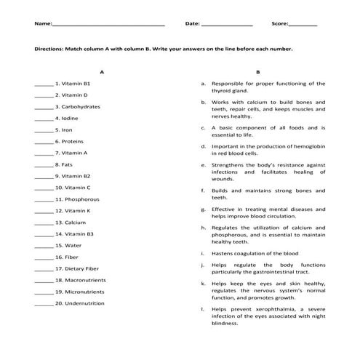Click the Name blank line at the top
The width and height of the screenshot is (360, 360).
coord(109,25)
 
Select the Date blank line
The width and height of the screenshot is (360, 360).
coord(226,25)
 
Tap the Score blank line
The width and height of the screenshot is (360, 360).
coord(303,25)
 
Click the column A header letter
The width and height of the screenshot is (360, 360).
coord(103,72)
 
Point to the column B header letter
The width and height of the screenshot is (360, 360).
coord(257,72)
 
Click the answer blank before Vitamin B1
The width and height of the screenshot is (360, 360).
coord(44,84)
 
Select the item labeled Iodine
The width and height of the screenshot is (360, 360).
coord(70,119)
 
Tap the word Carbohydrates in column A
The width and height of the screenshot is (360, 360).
coord(81,107)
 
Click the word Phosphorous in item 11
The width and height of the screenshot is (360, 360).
coord(82,199)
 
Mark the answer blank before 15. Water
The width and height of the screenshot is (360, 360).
coord(44,246)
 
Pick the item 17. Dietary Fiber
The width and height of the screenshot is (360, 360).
coord(77,268)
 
